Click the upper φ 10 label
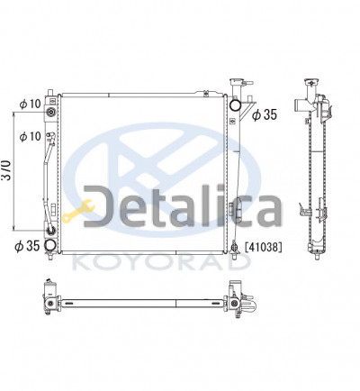point(30,104)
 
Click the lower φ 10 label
point(30,136)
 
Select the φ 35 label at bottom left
point(27,246)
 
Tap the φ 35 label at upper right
point(265,114)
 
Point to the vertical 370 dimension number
point(6,170)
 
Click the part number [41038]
point(264,247)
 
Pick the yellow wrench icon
point(78,211)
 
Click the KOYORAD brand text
point(162,262)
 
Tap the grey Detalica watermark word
point(182,205)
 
